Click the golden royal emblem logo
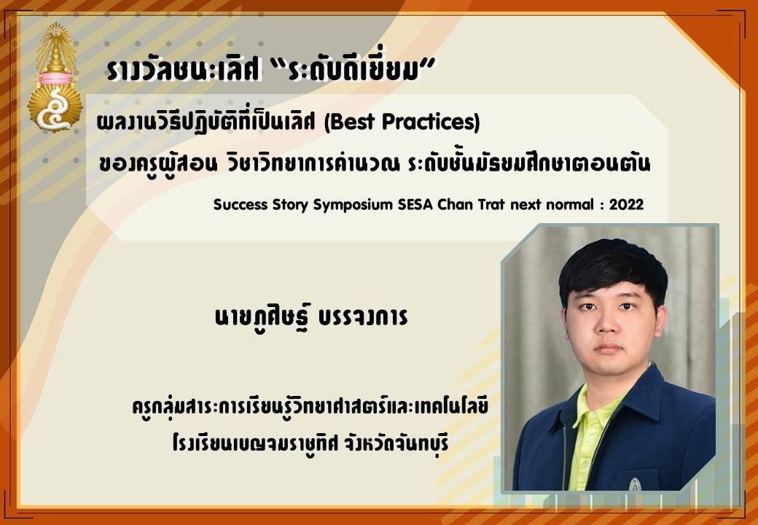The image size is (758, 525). [55, 77]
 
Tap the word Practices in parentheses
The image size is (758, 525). [427, 122]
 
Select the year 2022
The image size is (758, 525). [627, 204]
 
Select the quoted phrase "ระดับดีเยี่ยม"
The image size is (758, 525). [351, 71]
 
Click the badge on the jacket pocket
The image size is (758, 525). [635, 484]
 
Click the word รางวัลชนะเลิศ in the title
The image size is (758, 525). [184, 71]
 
